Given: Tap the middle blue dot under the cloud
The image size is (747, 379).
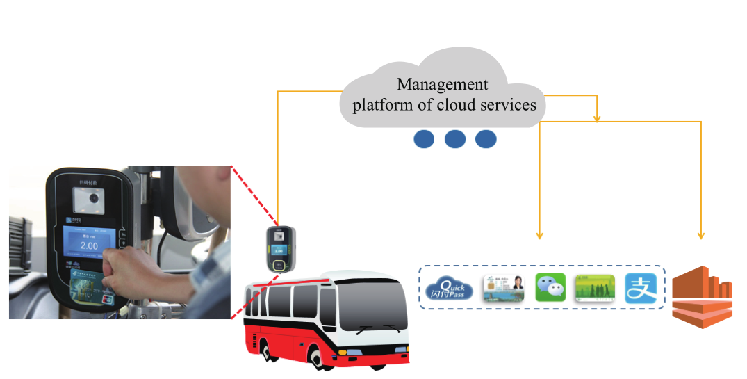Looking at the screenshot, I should coord(455,139).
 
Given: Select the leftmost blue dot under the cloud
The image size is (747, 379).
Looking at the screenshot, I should coord(424,139).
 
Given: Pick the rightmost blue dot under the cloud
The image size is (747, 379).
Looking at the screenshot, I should coord(486,139).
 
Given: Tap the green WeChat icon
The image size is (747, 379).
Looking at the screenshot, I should coord(550,288).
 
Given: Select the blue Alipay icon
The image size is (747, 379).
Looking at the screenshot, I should coord(641,288).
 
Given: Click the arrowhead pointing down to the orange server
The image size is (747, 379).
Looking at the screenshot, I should coord(701,235).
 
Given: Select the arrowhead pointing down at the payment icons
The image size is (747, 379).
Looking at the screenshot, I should coord(540,235).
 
